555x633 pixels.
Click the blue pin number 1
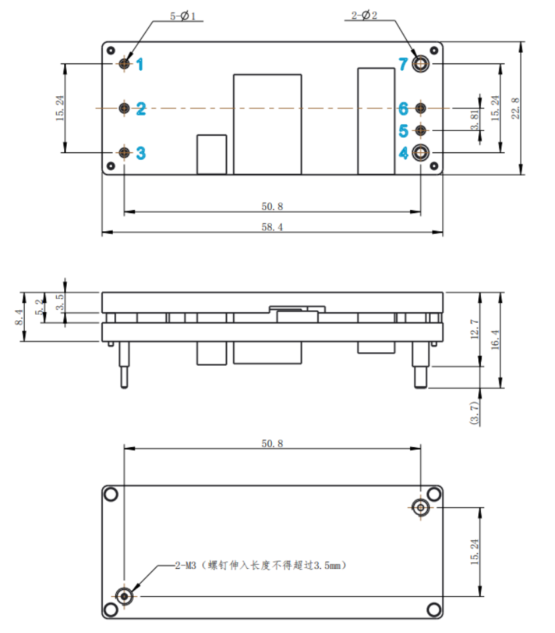[140, 64]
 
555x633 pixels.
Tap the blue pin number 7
[403, 64]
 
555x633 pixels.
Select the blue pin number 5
[403, 130]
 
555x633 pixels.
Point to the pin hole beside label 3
[125, 152]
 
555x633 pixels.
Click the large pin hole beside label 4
[421, 153]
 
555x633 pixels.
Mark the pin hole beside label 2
[125, 108]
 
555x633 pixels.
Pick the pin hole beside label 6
[421, 108]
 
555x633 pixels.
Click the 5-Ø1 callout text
[183, 15]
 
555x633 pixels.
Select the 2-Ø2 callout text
[365, 15]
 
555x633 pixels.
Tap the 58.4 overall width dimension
[272, 227]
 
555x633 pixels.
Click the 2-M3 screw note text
[260, 565]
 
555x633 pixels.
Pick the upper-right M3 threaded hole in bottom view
[421, 507]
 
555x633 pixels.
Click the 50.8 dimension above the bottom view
[272, 443]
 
